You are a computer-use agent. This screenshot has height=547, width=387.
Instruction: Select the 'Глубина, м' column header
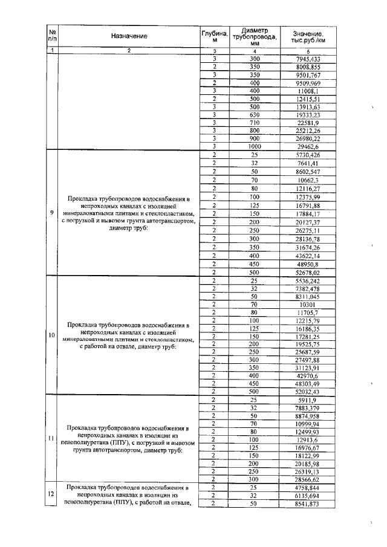tap(214, 36)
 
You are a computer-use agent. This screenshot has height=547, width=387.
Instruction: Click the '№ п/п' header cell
tap(53, 36)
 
